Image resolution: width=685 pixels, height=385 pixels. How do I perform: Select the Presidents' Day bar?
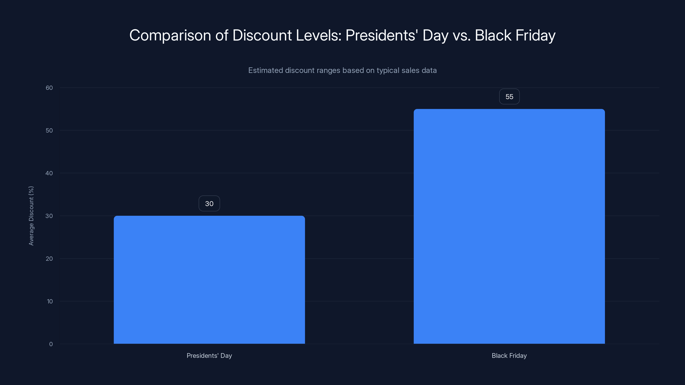(209, 280)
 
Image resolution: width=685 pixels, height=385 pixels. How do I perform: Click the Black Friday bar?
(509, 226)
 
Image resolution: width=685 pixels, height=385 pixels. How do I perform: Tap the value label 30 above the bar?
(209, 204)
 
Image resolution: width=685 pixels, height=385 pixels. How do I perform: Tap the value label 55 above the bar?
(509, 96)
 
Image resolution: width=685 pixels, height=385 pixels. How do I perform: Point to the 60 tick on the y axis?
(49, 88)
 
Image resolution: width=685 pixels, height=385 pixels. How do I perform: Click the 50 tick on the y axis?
(49, 130)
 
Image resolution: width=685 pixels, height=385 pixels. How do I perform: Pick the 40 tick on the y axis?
(49, 173)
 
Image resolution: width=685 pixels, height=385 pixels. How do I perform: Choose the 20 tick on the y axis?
(49, 259)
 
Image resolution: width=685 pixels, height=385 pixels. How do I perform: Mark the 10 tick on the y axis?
(50, 301)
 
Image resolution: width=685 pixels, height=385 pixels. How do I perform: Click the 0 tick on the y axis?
(51, 344)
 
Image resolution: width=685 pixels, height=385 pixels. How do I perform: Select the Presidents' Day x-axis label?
(209, 355)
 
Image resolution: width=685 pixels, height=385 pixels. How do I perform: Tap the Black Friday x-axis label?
(509, 355)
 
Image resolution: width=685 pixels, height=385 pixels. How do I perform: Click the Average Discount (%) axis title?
(31, 216)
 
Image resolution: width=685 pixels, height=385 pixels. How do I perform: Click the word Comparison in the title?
(170, 35)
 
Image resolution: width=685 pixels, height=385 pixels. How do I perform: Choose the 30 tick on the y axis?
(49, 216)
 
